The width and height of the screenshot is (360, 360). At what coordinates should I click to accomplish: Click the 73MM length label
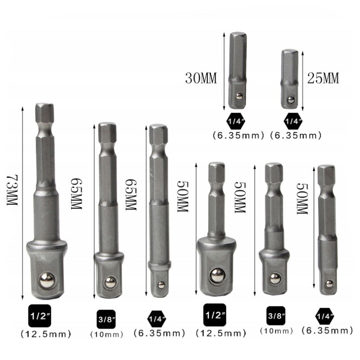click(12, 190)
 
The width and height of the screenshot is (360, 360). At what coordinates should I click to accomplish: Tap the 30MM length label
click(201, 78)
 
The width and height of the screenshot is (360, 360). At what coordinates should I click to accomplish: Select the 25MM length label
click(323, 78)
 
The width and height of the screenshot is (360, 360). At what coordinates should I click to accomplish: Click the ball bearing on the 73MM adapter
click(47, 280)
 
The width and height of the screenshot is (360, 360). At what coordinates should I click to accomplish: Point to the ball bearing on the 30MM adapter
click(239, 96)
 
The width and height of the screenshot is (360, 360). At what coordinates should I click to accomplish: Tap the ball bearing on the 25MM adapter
click(291, 99)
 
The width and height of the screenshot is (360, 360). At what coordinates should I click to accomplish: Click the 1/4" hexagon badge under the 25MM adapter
click(293, 121)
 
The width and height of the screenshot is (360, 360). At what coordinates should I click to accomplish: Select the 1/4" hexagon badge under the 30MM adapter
click(236, 121)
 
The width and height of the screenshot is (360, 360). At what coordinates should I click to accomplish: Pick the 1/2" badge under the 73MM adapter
click(40, 316)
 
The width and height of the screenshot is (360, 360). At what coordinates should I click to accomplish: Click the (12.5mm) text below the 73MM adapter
click(46, 334)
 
